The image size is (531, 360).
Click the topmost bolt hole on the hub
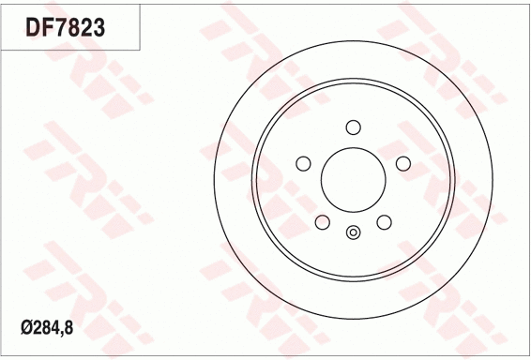[x=353, y=127]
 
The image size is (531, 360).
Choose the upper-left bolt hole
[x=303, y=164]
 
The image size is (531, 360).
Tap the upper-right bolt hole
[x=403, y=164]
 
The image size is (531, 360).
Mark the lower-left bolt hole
[x=323, y=222]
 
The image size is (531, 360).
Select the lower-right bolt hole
[x=384, y=222]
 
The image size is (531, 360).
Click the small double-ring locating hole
[x=353, y=233]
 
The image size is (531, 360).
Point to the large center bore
[x=353, y=180]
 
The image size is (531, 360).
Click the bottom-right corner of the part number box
[x=141, y=50]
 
